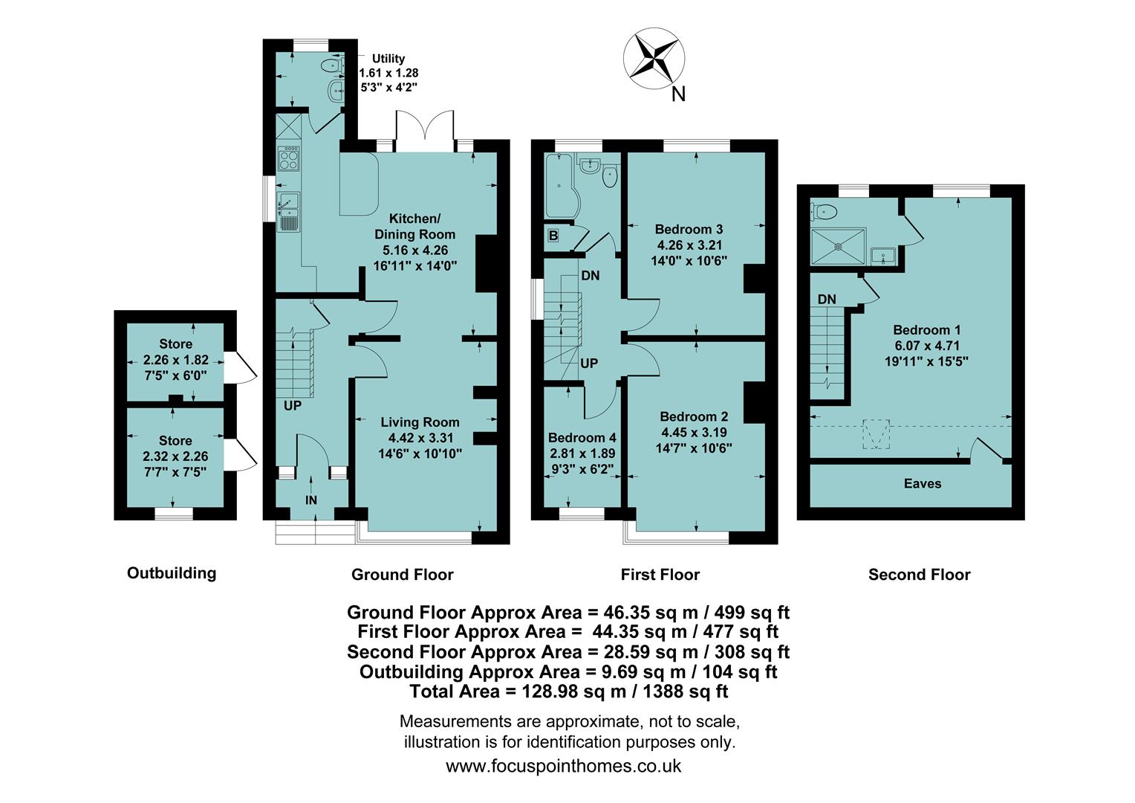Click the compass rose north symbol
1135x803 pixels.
[654, 57]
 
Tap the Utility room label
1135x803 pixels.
[388, 59]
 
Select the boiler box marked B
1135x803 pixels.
[553, 236]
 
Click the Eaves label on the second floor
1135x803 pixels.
[923, 484]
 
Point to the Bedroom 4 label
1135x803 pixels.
[582, 438]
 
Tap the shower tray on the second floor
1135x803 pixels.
[839, 247]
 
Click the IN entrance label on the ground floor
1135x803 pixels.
[311, 500]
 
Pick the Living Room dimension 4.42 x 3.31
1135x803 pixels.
[420, 438]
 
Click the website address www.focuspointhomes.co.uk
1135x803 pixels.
[563, 766]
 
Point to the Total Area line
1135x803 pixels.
[568, 691]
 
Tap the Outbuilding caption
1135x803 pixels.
[172, 573]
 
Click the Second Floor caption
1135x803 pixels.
[919, 575]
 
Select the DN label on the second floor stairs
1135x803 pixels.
[827, 300]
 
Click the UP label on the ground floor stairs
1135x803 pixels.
[292, 407]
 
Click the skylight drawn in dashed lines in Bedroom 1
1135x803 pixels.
[875, 434]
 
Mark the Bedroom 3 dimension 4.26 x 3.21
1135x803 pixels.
[689, 245]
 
